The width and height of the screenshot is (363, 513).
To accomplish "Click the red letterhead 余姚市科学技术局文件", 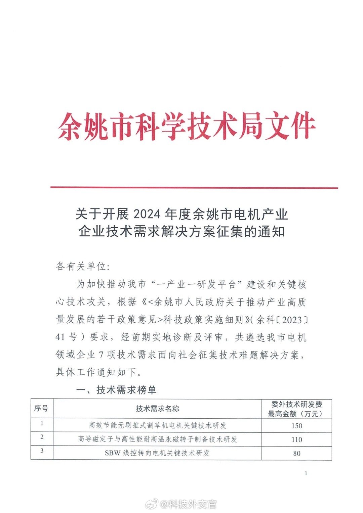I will pyautogui.click(x=187, y=126).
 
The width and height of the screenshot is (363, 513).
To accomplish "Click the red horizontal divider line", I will pyautogui.click(x=194, y=188).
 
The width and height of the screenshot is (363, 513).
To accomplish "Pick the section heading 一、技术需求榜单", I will pyautogui.click(x=116, y=390).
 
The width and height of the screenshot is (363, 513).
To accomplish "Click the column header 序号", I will pyautogui.click(x=41, y=409).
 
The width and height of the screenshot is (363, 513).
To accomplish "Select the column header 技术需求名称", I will pyautogui.click(x=157, y=409).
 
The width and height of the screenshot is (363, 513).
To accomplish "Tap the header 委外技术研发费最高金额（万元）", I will pyautogui.click(x=296, y=409).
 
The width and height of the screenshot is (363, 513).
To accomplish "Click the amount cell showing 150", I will pyautogui.click(x=296, y=426).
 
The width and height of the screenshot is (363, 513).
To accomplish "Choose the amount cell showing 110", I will pyautogui.click(x=296, y=439).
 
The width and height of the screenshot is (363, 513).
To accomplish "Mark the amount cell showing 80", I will pyautogui.click(x=296, y=453).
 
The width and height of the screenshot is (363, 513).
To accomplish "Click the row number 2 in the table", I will pyautogui.click(x=42, y=437).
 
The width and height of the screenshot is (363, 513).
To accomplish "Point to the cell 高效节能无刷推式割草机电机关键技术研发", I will pyautogui.click(x=157, y=425).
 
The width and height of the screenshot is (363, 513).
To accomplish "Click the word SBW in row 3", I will pyautogui.click(x=112, y=453).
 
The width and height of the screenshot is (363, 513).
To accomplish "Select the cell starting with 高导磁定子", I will pyautogui.click(x=157, y=439).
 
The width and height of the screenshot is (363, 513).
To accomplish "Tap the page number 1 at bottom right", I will pyautogui.click(x=306, y=473).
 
